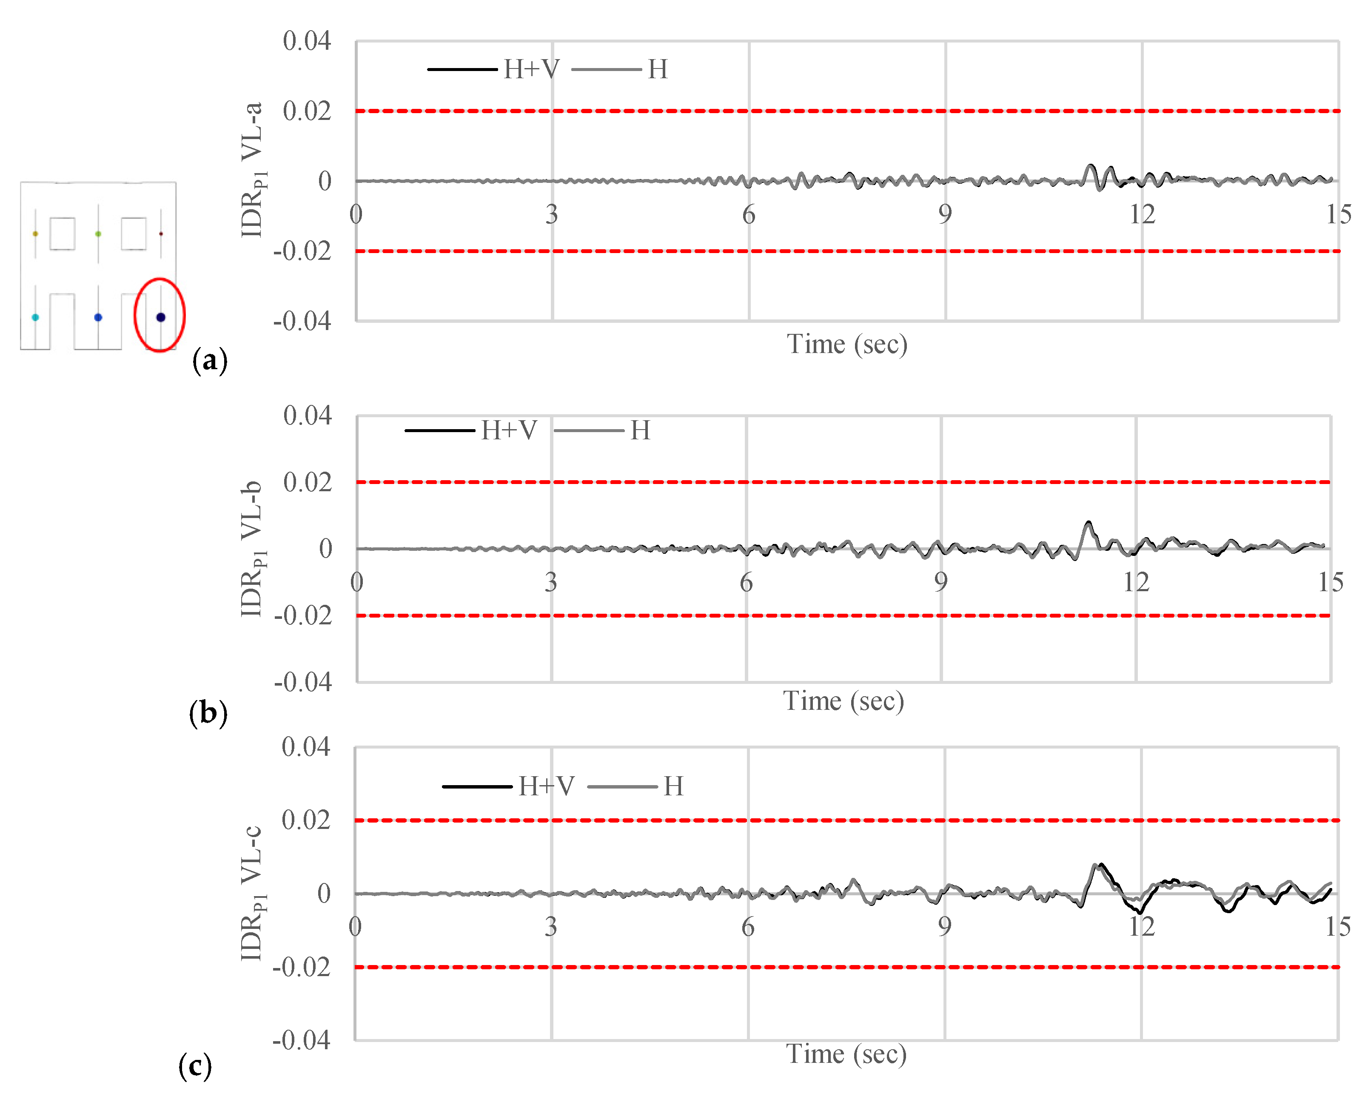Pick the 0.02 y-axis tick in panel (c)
tap(306, 820)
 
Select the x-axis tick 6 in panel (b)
tap(746, 582)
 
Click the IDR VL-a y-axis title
tap(253, 170)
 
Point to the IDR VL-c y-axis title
tap(253, 893)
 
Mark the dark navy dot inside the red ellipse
tap(161, 317)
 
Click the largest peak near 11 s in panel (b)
tap(1088, 523)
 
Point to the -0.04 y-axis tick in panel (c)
tap(302, 1040)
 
